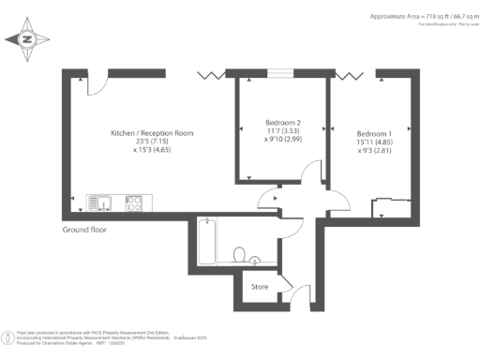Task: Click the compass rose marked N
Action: (x=27, y=39)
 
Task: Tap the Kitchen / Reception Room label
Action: (x=151, y=134)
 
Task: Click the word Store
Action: (x=259, y=286)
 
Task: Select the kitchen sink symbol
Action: (x=100, y=202)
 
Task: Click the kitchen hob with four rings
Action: (x=133, y=202)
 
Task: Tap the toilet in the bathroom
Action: (x=240, y=255)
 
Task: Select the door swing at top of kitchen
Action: (x=96, y=82)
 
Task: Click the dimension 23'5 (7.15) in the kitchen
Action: (x=151, y=145)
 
